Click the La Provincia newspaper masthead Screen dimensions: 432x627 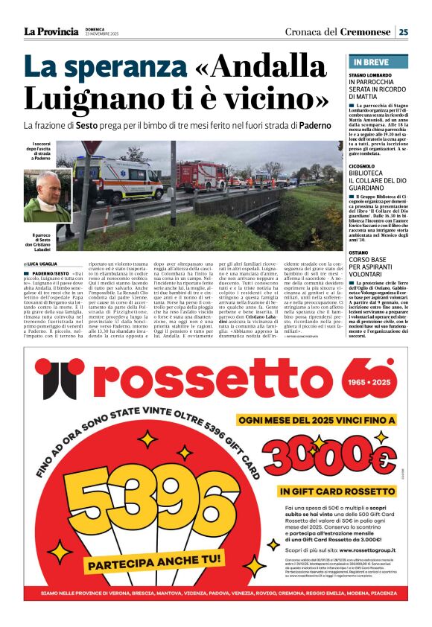coord(51,31)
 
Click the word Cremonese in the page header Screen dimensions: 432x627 coord(366,32)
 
